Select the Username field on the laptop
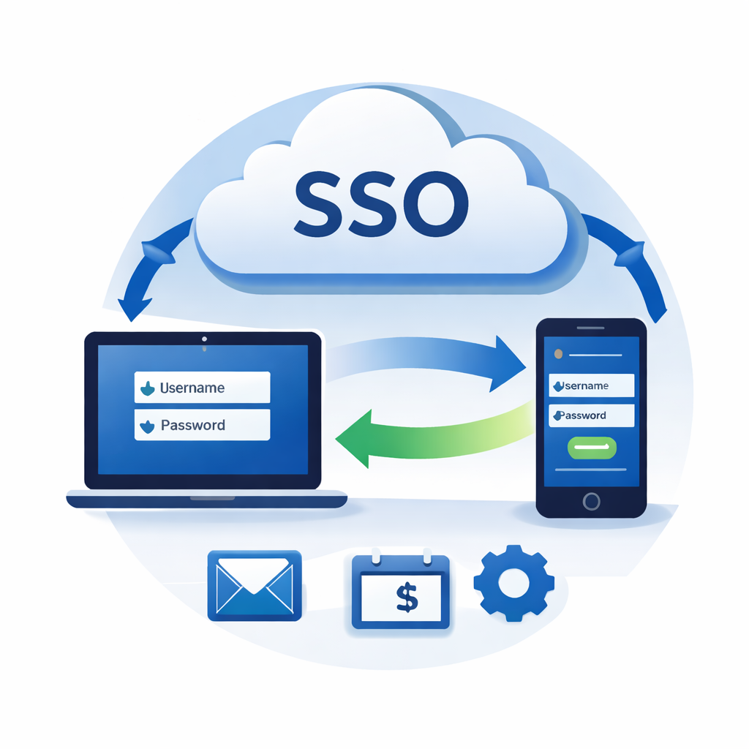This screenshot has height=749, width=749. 202,388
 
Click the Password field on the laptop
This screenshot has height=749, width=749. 202,425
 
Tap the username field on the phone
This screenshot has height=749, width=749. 591,385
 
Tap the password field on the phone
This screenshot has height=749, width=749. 591,415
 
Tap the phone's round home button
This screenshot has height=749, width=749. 591,501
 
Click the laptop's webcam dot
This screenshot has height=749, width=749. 203,339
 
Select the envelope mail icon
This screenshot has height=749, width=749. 255,585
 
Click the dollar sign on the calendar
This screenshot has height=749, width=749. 407,596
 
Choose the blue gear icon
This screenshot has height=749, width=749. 513,582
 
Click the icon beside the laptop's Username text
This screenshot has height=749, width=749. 147,388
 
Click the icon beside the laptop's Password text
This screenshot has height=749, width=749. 147,426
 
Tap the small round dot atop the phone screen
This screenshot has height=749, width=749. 559,354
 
